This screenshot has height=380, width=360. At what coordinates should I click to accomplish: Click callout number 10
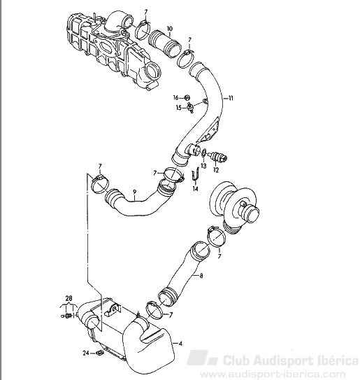[170, 29]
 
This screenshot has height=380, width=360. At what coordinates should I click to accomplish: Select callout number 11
[230, 98]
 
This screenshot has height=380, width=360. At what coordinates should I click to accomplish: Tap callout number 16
[175, 97]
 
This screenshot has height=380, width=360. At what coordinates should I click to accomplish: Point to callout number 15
[179, 107]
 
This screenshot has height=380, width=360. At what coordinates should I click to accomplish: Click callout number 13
[203, 166]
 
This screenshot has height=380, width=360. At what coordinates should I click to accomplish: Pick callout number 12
[216, 169]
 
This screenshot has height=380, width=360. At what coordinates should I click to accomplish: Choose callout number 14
[195, 188]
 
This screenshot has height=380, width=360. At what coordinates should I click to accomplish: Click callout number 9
[135, 192]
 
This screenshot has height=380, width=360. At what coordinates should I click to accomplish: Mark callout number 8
[201, 276]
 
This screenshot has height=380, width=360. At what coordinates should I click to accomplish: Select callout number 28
[69, 298]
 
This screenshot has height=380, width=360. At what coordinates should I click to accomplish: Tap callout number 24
[86, 353]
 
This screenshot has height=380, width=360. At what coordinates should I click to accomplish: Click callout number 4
[180, 344]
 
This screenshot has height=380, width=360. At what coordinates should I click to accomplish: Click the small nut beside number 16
[187, 97]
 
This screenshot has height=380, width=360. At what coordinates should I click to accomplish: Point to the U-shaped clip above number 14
[196, 175]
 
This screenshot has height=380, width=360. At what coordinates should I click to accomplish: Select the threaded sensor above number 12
[218, 156]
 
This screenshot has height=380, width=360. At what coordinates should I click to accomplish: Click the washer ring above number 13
[203, 152]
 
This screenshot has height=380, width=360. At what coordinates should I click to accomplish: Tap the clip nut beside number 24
[100, 353]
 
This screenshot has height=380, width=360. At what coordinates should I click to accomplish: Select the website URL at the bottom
[272, 374]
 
